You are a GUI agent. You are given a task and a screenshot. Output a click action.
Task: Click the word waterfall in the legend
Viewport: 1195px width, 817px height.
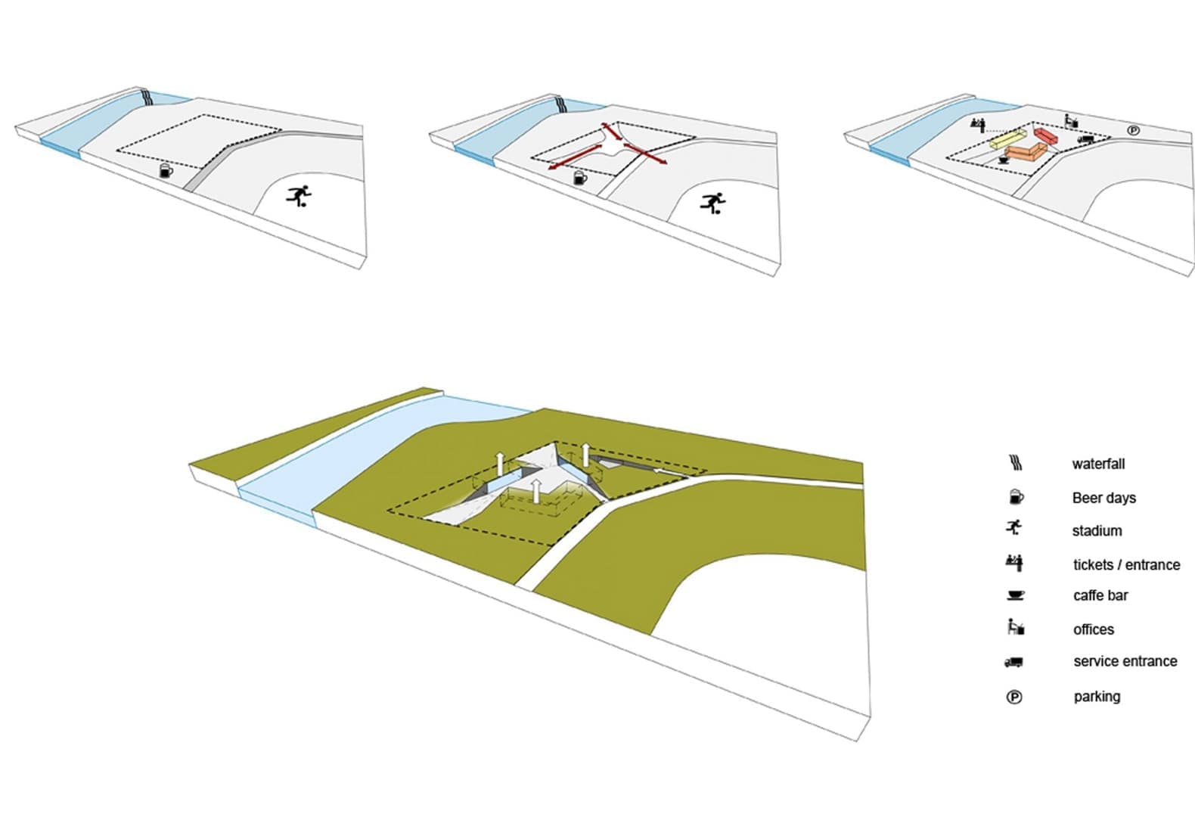coord(1098,464)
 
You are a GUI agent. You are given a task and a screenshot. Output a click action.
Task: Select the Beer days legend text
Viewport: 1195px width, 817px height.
coord(1103,498)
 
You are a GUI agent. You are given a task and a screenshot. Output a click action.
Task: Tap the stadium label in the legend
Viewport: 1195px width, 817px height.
coord(1097,531)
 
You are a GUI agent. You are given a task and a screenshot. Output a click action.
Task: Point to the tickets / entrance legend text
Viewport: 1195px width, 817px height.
coord(1126,564)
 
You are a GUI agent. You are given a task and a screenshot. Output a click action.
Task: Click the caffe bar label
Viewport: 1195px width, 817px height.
coord(1100,595)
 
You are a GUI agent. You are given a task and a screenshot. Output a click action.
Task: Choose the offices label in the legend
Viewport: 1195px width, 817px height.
coord(1094,629)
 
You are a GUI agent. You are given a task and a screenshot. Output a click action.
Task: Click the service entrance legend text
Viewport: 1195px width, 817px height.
coord(1125,661)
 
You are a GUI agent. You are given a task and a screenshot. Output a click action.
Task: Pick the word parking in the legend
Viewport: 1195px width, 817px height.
coord(1097,697)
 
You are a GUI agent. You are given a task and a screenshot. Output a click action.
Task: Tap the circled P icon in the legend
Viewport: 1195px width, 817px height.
coord(1014,697)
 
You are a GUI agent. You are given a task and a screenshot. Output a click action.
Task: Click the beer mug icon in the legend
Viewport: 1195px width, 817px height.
coord(1016,497)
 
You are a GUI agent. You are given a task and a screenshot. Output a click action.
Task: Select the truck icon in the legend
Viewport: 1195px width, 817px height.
coord(1013,662)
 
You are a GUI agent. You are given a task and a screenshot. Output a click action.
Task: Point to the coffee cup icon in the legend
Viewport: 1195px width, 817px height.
coord(1015,595)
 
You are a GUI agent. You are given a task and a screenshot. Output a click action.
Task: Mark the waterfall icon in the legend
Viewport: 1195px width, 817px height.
coord(1016,462)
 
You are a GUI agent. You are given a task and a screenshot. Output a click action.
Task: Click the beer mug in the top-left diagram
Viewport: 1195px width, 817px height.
coord(166,171)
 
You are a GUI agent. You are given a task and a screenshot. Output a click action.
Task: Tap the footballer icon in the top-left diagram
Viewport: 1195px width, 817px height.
coord(300,196)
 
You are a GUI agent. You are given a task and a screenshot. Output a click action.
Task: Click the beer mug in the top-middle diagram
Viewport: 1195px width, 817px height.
coord(579,178)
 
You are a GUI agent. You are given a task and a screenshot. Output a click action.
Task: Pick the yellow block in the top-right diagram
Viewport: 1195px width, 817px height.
coord(1007,139)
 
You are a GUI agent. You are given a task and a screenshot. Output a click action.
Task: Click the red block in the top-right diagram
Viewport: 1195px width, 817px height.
coord(1045,135)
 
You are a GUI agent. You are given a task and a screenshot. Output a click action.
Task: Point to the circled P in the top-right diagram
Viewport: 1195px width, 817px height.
coord(1134,130)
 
